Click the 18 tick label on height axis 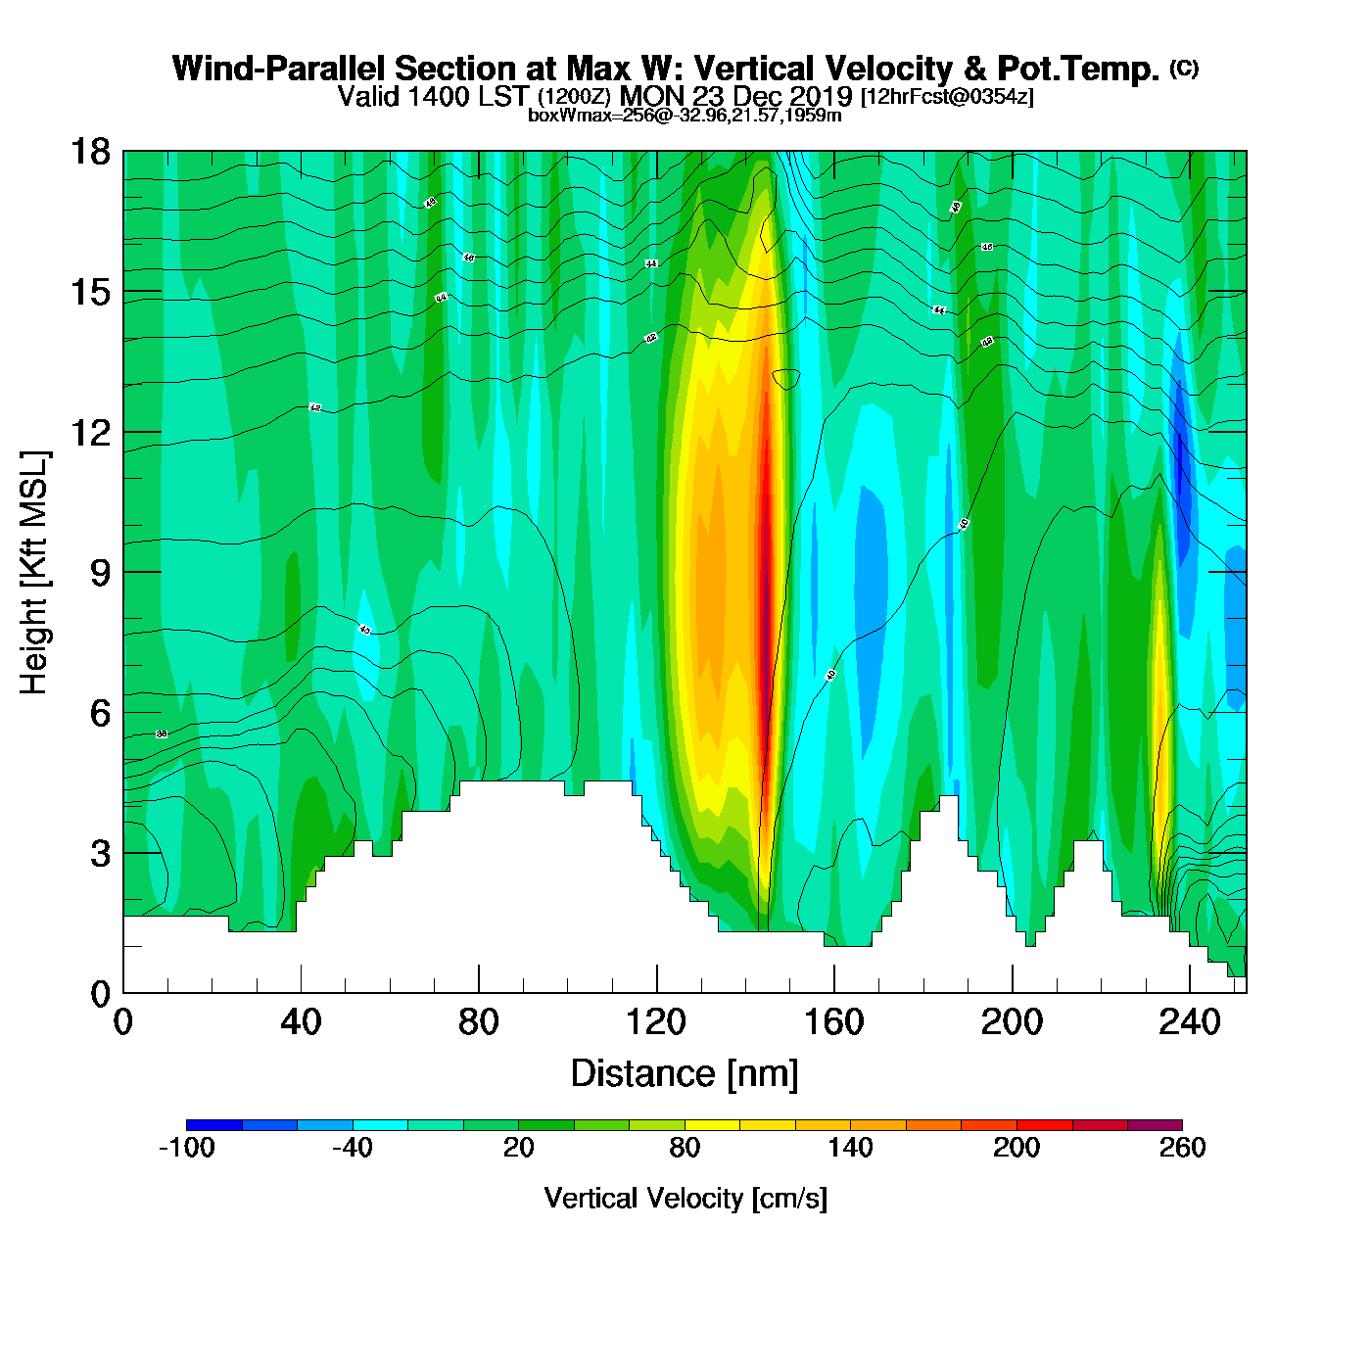pos(89,152)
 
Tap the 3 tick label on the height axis pos(100,854)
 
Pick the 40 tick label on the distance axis pos(301,1022)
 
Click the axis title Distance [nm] pos(685,1074)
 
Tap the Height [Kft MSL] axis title pos(34,573)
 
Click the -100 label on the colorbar pos(186,1148)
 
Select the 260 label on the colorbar pos(1182,1148)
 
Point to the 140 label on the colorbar pos(850,1148)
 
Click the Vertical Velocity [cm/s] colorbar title pos(685,1199)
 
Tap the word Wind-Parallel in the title pos(279,69)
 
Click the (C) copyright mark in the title pos(1184,68)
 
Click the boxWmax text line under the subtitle pos(685,115)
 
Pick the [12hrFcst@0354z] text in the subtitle pos(946,97)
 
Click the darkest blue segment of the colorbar pos(213,1125)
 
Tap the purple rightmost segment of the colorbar pos(1155,1125)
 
